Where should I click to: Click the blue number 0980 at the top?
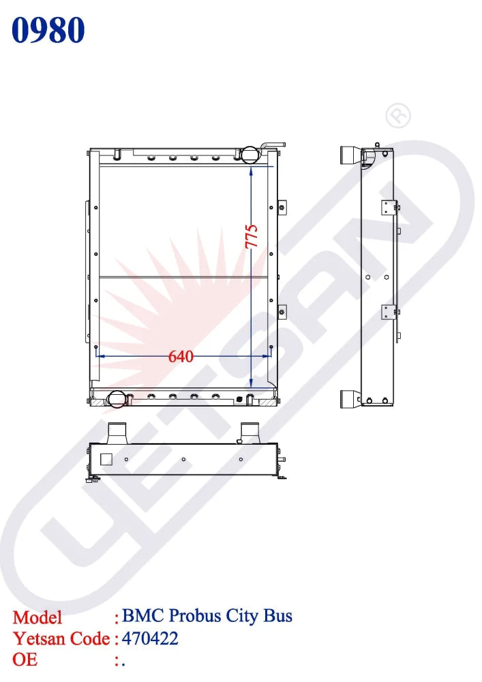pos(48,31)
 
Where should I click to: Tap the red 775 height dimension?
pos(252,236)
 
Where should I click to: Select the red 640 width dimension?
pos(181,356)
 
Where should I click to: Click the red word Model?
pos(37,617)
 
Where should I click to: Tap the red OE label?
pos(25,659)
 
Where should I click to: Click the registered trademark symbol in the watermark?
pos(398,117)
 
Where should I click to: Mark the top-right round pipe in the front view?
pos(248,154)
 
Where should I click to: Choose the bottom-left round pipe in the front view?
pos(116,398)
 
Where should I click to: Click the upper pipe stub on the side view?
pos(350,154)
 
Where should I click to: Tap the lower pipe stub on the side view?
pos(350,399)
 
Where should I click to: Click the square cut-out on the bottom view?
pos(106,459)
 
